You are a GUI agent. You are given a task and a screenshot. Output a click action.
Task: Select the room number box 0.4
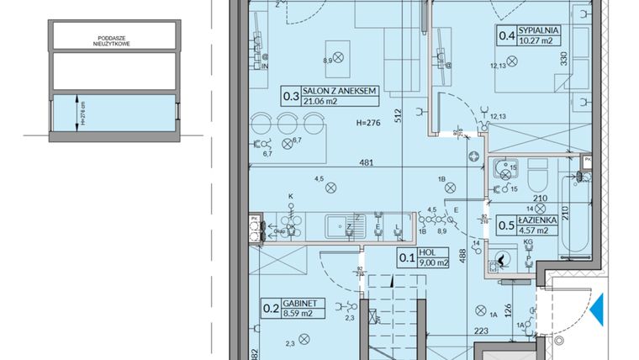coord(507,35)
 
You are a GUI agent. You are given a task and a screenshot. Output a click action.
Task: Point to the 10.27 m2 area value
coord(540,40)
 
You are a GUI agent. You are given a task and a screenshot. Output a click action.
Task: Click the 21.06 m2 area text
coord(320,103)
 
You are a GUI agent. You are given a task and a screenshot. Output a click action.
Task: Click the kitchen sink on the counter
coord(341,225)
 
